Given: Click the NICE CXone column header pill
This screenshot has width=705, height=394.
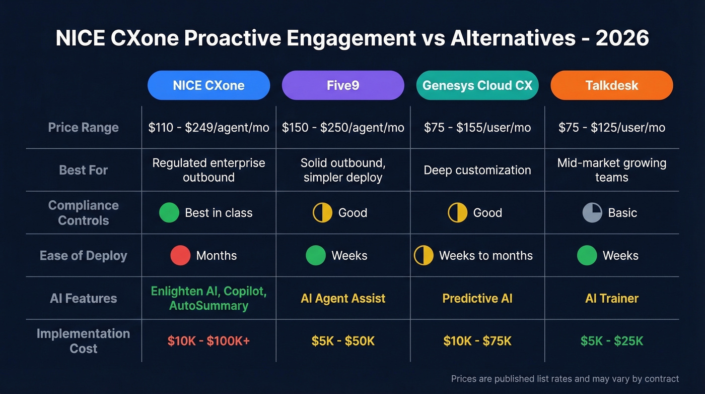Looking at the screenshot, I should (x=208, y=85).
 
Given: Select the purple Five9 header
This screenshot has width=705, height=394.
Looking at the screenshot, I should (x=343, y=85).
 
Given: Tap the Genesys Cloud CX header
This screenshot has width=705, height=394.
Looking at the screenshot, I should (x=477, y=85).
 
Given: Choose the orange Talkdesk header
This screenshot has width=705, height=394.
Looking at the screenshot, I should (x=612, y=85).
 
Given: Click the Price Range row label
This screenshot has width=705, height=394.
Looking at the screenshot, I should (x=84, y=128).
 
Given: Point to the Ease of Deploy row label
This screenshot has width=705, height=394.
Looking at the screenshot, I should (x=84, y=256).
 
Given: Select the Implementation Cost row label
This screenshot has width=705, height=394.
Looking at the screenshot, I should (x=84, y=341).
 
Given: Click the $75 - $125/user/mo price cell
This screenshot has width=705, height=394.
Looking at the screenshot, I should (x=612, y=128).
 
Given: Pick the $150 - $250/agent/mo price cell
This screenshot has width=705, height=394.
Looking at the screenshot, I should (x=343, y=128).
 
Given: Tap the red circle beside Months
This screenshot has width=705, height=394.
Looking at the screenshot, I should (x=180, y=256).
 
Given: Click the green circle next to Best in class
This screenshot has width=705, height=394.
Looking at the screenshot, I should (x=169, y=213).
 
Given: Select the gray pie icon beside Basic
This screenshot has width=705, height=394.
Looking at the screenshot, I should (x=592, y=213).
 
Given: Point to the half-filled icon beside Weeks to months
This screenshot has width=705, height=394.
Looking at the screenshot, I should (x=424, y=256).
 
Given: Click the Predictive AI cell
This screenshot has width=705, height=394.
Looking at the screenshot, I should (x=477, y=299).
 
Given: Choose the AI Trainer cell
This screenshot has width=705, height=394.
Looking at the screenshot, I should (x=612, y=299).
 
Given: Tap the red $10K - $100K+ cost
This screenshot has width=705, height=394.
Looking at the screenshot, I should (x=208, y=342).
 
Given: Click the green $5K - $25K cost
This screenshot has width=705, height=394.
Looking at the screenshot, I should (x=612, y=342).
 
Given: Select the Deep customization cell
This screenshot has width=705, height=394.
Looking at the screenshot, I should (x=477, y=171).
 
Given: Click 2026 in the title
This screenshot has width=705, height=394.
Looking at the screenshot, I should (x=622, y=39).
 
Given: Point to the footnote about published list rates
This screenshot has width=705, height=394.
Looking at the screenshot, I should (x=565, y=379).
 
